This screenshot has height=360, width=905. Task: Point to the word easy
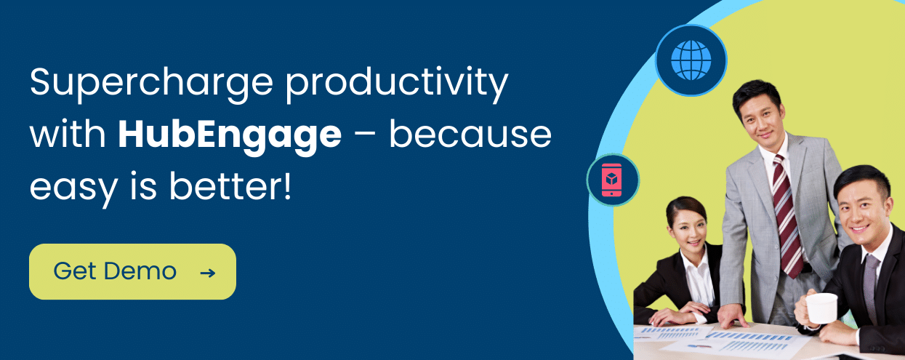pyautogui.click(x=73, y=188)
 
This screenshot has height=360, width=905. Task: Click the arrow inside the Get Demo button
pyautogui.click(x=208, y=273)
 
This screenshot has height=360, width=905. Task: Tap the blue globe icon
pyautogui.click(x=691, y=60)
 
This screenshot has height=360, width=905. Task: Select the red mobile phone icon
pyautogui.click(x=611, y=180)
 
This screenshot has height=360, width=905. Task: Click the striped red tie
pyautogui.click(x=787, y=216)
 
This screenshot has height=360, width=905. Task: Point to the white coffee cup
pyautogui.click(x=821, y=308)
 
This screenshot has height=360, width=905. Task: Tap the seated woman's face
pyautogui.click(x=689, y=229)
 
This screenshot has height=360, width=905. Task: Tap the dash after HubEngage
pyautogui.click(x=365, y=136)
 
